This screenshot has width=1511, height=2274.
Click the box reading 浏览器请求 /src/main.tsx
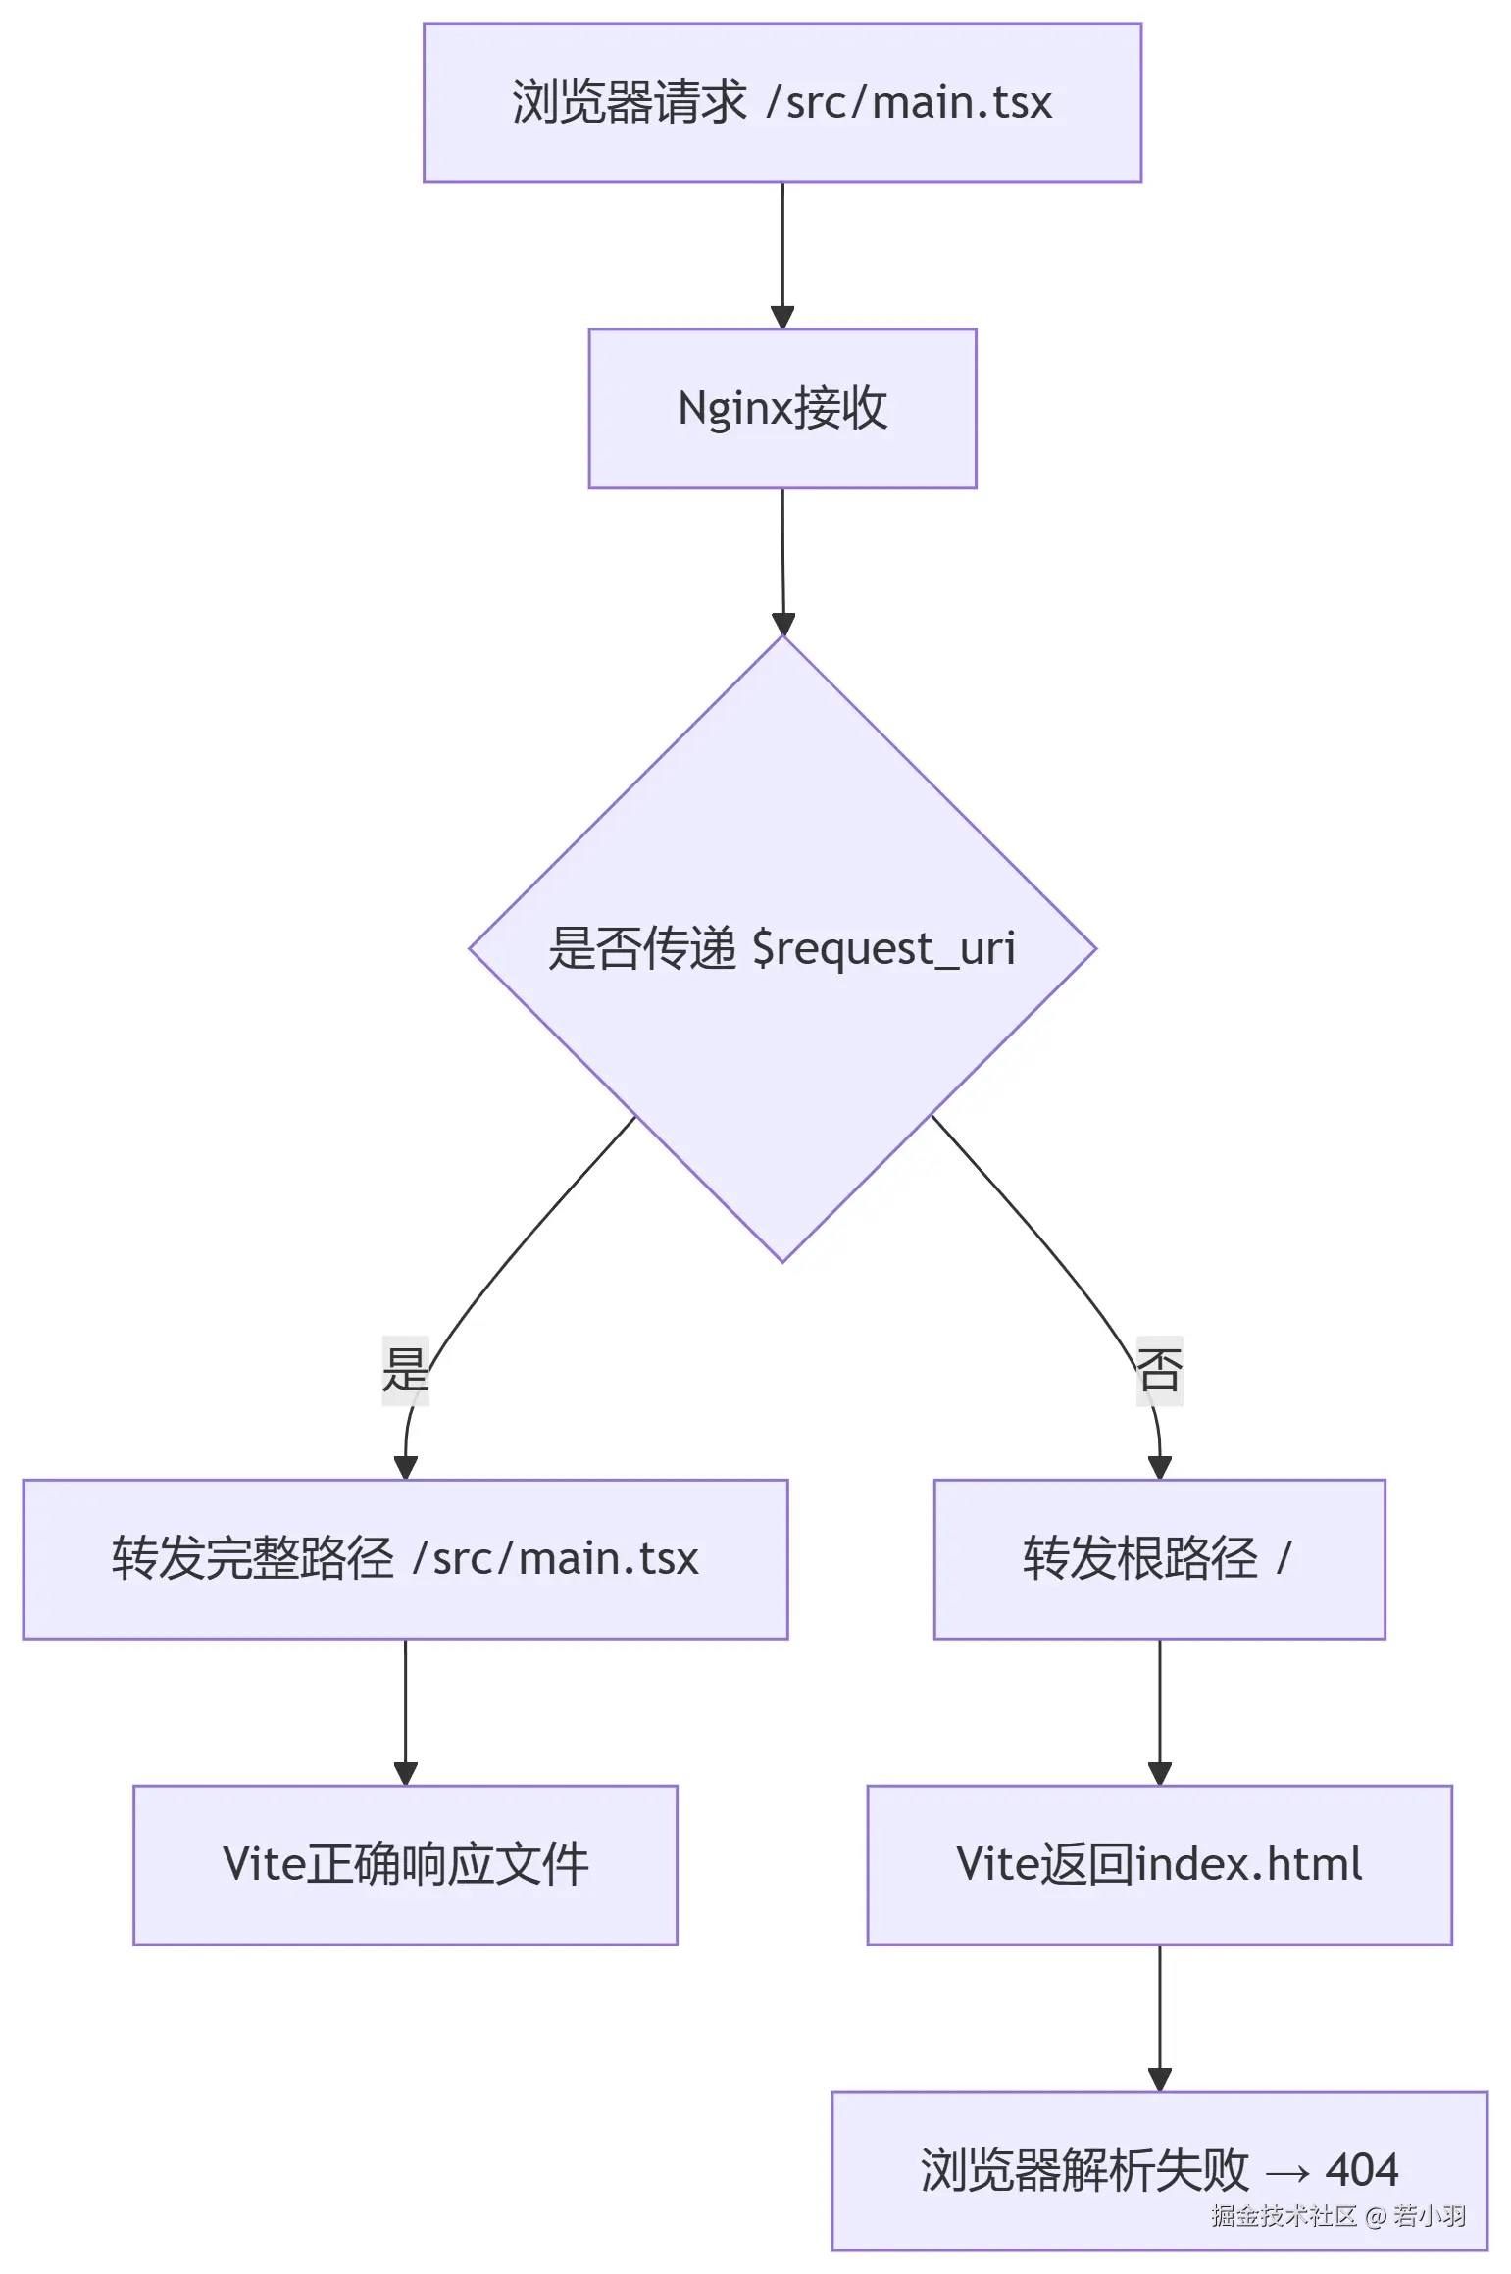pos(781,103)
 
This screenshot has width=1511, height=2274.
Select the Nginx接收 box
pos(781,408)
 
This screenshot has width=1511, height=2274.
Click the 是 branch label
pos(405,1370)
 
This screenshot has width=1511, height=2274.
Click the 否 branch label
pos(1159,1370)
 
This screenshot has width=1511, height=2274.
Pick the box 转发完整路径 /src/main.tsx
pos(405,1558)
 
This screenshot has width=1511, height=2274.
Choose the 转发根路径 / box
pos(1159,1558)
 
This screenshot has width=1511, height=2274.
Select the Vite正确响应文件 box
pos(405,1864)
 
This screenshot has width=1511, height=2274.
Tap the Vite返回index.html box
pos(1159,1864)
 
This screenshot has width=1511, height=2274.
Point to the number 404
pos(1361,2170)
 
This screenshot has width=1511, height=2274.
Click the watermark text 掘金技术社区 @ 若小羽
pos(1337,2216)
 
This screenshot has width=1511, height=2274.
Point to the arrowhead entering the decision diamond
pos(782,624)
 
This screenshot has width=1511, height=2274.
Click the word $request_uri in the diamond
pos(883,949)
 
